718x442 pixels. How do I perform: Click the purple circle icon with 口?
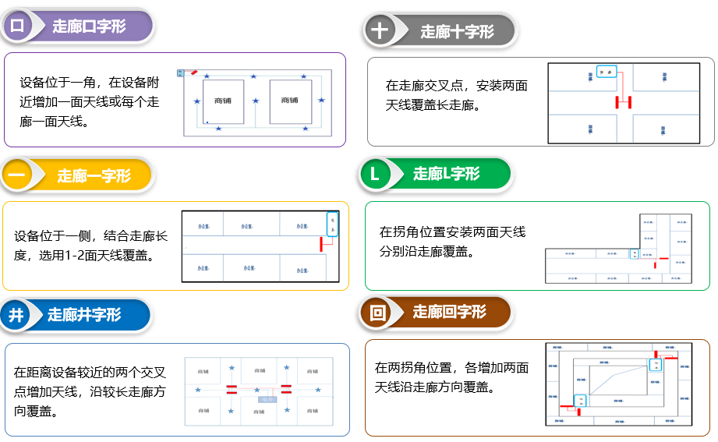click(17, 27)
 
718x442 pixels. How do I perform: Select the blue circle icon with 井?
click(17, 315)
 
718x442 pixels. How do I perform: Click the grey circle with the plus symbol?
click(380, 31)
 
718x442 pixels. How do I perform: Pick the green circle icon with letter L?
click(375, 174)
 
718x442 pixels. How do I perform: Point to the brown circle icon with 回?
click(377, 313)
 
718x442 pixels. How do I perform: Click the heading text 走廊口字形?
click(89, 27)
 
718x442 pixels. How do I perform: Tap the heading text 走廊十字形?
click(457, 32)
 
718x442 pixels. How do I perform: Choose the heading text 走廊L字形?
click(446, 174)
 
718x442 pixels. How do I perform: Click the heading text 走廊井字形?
click(84, 315)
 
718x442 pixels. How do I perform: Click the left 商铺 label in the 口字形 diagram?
click(222, 101)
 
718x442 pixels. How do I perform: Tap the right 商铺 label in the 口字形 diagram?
click(290, 101)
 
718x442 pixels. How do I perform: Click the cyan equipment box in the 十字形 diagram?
click(607, 72)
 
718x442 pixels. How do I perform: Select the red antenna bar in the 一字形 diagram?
click(320, 243)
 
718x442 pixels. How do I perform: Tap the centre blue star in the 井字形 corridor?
click(258, 387)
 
